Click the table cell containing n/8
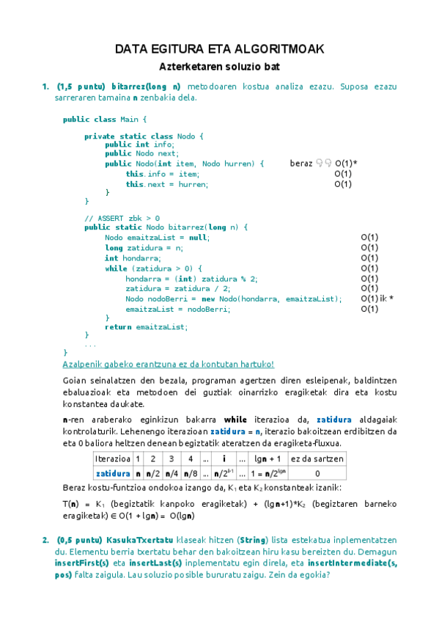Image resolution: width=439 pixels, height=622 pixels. (191, 474)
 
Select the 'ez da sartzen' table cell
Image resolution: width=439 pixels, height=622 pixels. (317, 458)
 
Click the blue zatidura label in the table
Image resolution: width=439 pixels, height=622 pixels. (112, 474)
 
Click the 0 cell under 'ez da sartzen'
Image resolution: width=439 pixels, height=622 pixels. (317, 474)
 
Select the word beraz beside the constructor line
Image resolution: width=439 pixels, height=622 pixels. (300, 164)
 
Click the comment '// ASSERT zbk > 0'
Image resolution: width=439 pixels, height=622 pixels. (122, 218)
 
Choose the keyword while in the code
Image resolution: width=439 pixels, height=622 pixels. (116, 268)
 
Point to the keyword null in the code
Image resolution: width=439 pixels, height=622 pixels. (198, 238)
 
